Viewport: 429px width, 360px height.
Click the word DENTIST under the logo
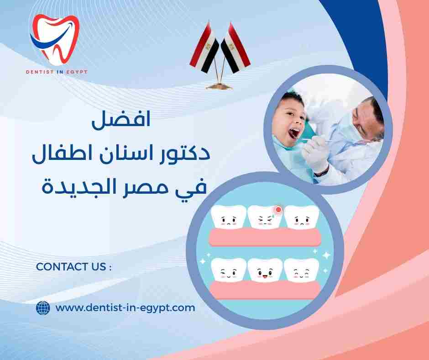[x=41, y=71]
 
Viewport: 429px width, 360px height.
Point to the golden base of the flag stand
[x=220, y=85]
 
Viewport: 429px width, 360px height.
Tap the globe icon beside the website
[x=42, y=308]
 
